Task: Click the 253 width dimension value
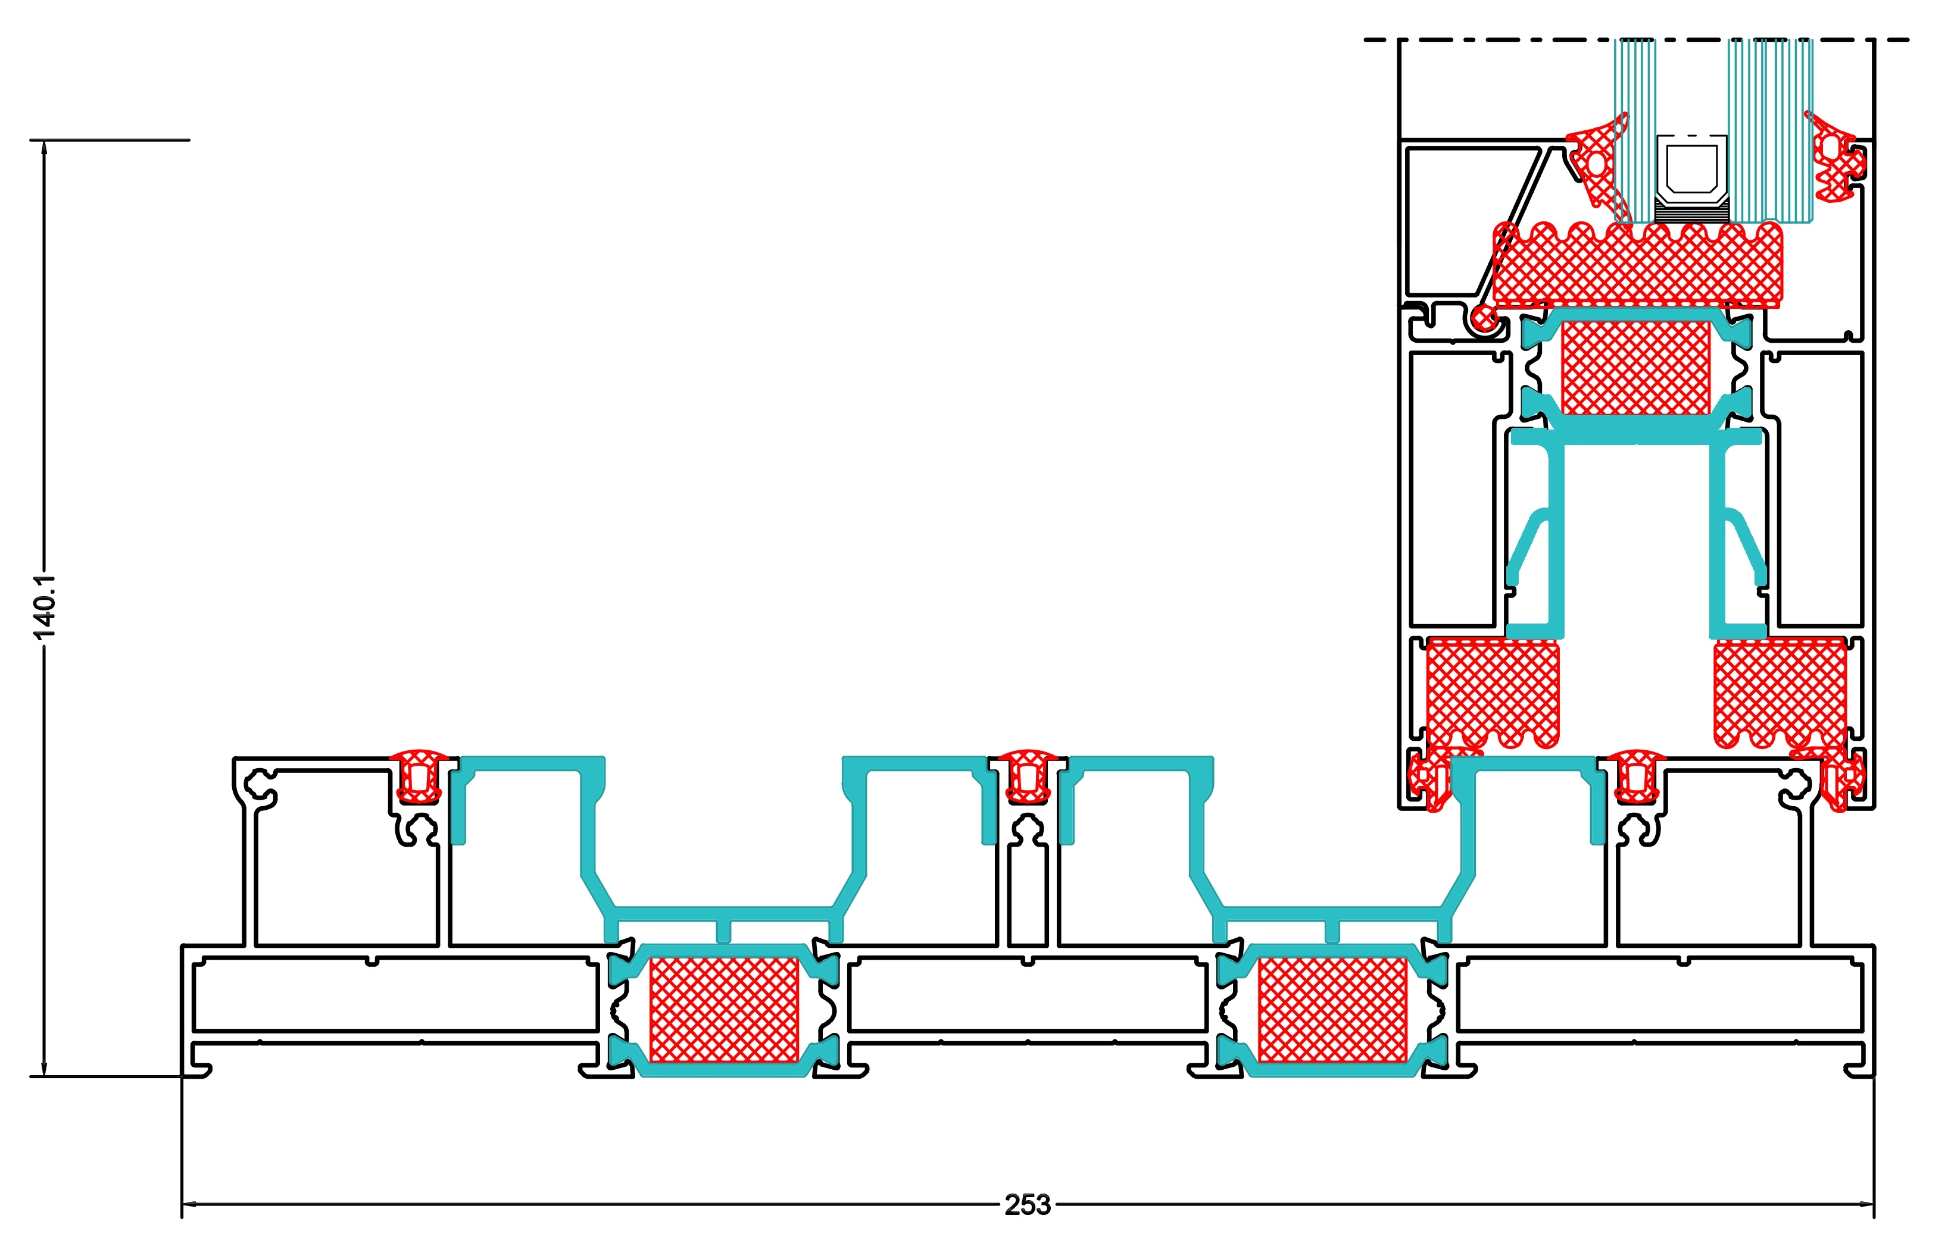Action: click(x=1027, y=1204)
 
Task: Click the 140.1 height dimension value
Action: click(x=44, y=607)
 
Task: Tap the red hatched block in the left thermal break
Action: click(x=724, y=1009)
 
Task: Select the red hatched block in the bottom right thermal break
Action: click(x=1332, y=1009)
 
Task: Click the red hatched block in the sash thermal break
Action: click(x=1635, y=367)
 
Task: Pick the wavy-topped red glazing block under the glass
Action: click(x=1635, y=266)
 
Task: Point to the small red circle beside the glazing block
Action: click(x=1482, y=317)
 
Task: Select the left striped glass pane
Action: click(x=1634, y=131)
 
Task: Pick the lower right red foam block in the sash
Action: click(x=1780, y=693)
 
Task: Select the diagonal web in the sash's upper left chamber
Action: click(x=1513, y=221)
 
